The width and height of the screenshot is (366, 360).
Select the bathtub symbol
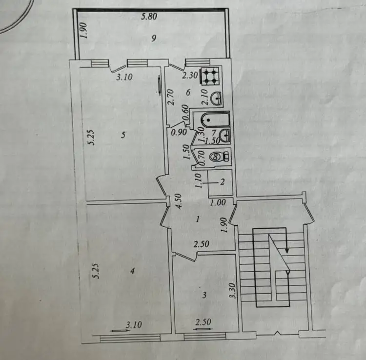(215, 120)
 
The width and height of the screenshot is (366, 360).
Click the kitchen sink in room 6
(217, 99)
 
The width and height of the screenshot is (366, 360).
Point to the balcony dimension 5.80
(149, 17)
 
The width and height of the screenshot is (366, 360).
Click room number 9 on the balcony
(154, 38)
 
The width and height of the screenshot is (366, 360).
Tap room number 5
(123, 135)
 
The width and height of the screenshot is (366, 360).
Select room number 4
(132, 271)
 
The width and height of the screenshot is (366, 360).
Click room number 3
(204, 296)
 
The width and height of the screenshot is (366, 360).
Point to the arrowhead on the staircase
(287, 251)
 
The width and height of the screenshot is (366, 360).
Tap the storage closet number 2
(223, 181)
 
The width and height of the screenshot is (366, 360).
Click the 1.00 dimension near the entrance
(218, 202)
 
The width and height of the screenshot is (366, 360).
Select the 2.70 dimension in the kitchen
(171, 97)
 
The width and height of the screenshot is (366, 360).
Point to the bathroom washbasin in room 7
(225, 135)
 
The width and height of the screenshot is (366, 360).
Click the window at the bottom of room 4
(130, 338)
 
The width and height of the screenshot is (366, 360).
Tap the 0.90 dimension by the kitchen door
(179, 132)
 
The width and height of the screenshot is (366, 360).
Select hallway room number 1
(198, 219)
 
